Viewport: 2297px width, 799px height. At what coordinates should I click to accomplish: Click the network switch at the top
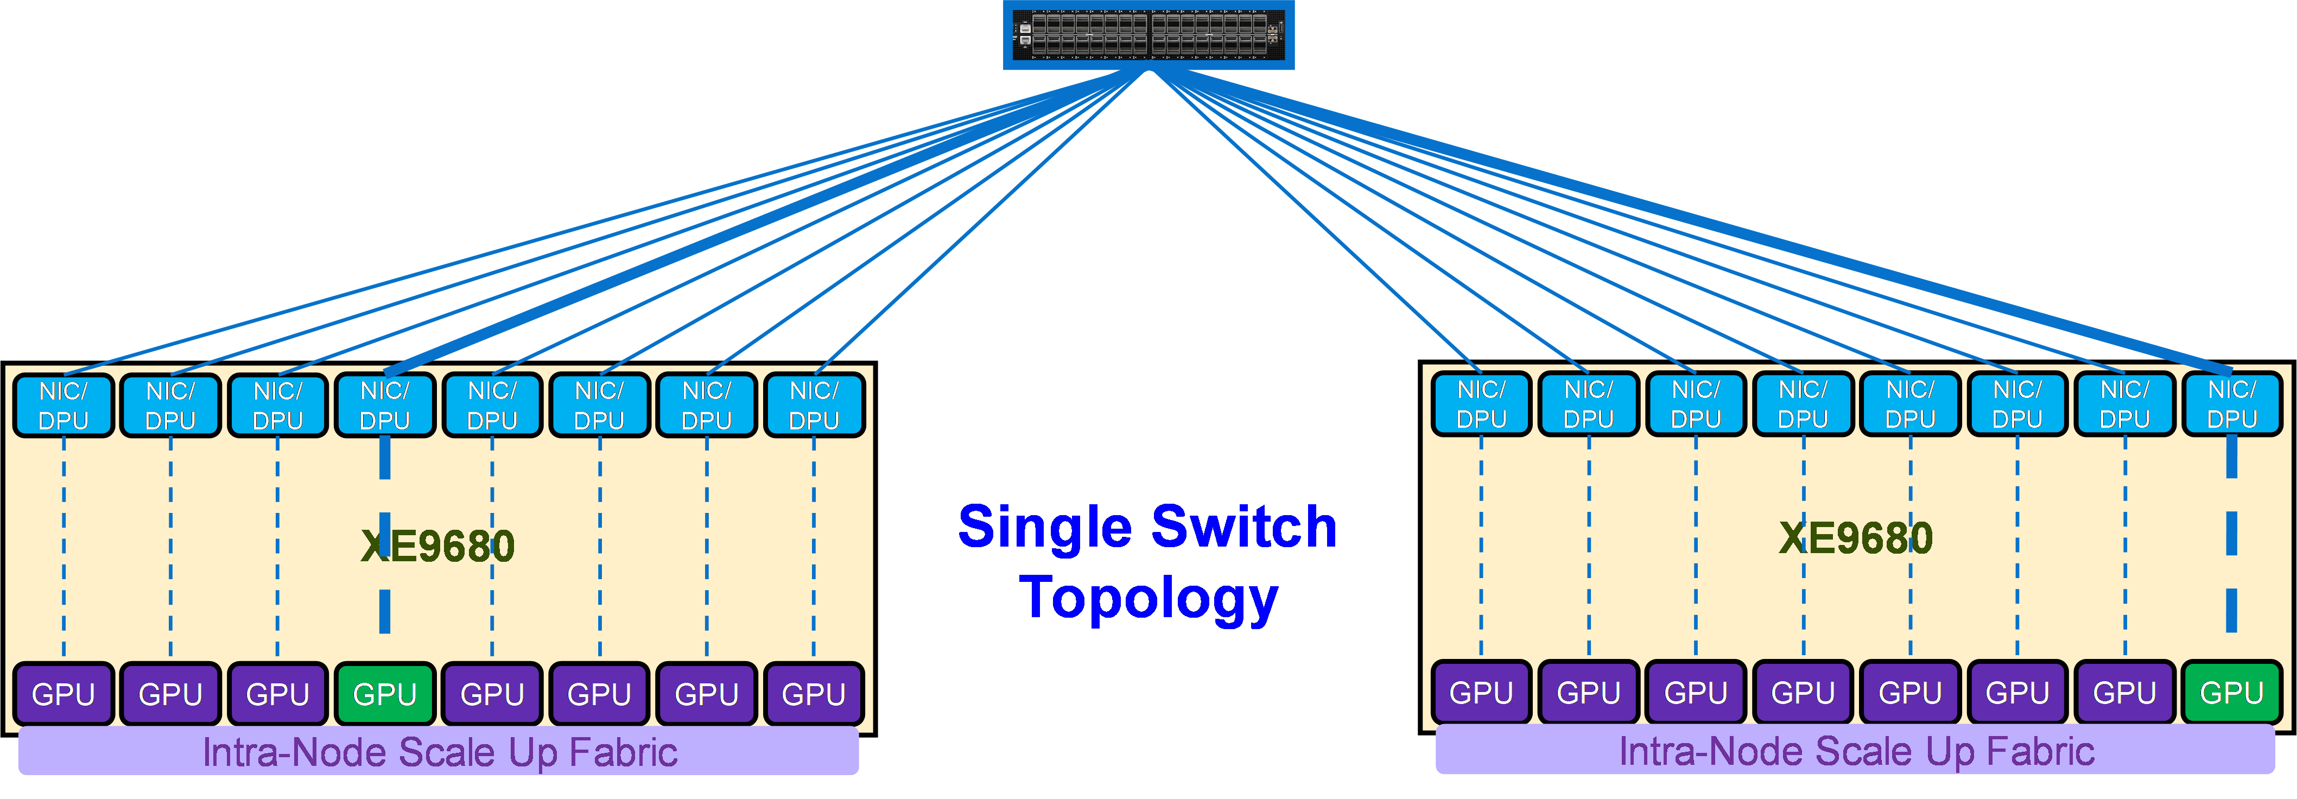coord(1148,34)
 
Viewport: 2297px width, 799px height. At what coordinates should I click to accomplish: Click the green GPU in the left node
coord(384,693)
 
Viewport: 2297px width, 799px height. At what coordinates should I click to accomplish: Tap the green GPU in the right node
coord(2231,692)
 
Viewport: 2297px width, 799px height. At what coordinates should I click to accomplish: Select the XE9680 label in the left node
coord(438,546)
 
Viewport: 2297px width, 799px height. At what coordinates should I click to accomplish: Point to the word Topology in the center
coord(1148,598)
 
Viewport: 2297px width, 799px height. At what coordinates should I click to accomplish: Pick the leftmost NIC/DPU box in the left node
coord(64,405)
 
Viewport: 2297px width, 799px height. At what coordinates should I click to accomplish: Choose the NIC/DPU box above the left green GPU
coord(384,405)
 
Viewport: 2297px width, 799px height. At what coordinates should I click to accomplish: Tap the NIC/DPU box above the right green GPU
coord(2231,404)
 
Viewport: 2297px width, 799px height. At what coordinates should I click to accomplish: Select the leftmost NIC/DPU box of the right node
coord(1481,404)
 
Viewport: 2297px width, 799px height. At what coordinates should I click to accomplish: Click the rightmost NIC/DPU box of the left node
coord(813,405)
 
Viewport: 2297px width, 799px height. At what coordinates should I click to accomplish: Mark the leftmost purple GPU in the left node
coord(64,693)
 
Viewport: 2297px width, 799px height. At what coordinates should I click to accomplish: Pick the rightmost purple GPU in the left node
coord(813,693)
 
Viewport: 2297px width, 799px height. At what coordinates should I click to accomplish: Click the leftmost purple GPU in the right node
coord(1481,692)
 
